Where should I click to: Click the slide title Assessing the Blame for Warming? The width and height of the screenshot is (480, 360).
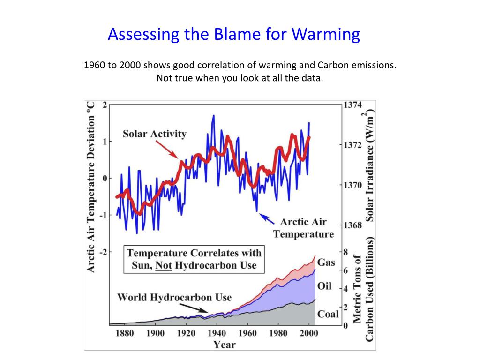point(233,35)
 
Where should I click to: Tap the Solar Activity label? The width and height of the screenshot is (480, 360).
point(154,134)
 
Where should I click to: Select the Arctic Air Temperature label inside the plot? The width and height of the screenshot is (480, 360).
point(303,228)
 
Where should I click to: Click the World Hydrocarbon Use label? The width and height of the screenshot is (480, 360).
point(174,297)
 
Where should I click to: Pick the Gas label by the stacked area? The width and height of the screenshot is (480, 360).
point(326,262)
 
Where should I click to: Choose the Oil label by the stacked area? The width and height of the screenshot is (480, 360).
point(324,286)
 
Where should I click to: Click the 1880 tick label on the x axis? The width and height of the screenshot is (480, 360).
point(124,334)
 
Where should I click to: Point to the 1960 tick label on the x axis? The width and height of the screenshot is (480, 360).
point(247,334)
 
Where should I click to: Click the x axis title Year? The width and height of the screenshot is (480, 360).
point(225,345)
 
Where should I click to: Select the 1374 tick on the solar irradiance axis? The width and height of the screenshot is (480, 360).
point(352,105)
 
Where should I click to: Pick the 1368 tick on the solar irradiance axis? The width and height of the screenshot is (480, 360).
point(352,225)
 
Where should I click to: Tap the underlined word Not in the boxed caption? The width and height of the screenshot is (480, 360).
point(164,265)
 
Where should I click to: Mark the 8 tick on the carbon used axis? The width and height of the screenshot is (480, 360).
point(345,252)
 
